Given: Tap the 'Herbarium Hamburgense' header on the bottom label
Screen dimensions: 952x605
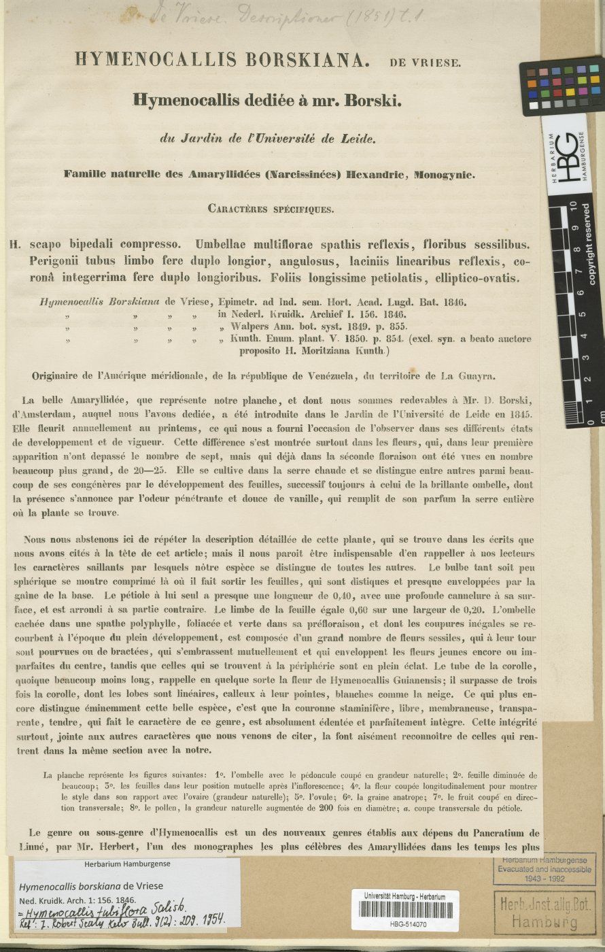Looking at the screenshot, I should (118, 864).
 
